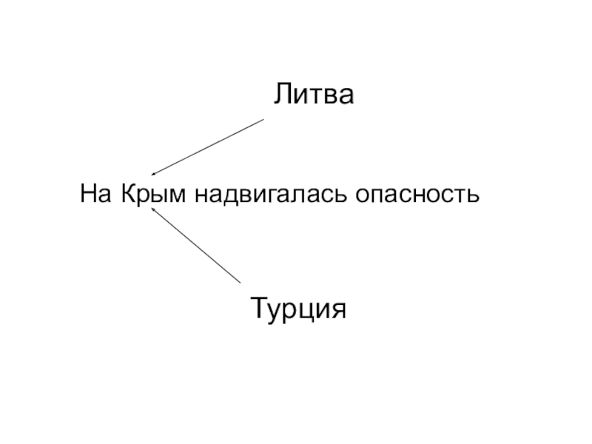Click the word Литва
click(314, 95)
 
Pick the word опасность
click(418, 196)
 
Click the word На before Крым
click(95, 195)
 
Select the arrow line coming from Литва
click(207, 147)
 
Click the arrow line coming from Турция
click(196, 246)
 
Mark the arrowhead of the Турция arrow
click(152, 210)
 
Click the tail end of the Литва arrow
click(263, 119)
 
